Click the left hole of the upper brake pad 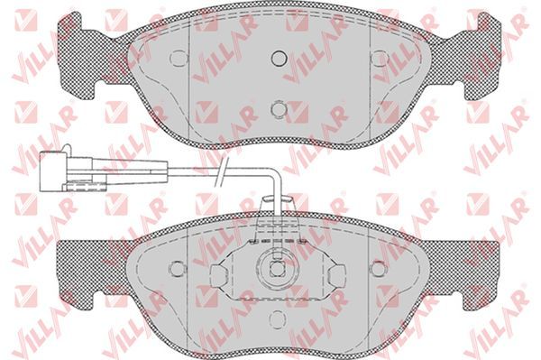point(179,58)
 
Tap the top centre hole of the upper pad point(280,58)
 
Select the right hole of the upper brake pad point(380,58)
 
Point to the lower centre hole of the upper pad point(279,109)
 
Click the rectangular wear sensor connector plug point(53,171)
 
